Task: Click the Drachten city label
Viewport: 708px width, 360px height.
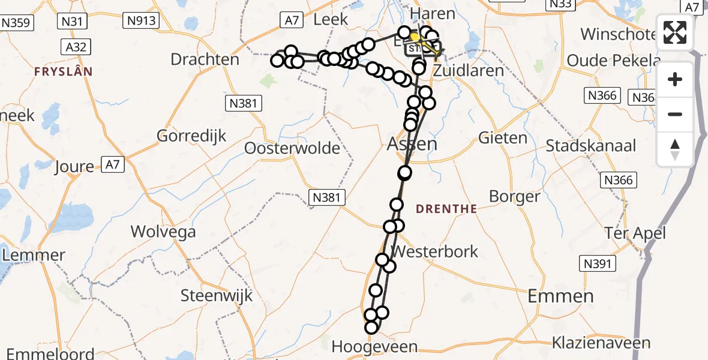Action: pyautogui.click(x=205, y=59)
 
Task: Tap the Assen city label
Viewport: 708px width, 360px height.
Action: pyautogui.click(x=412, y=143)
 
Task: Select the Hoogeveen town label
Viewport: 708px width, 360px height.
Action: pyautogui.click(x=374, y=347)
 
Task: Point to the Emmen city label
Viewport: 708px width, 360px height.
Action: pyautogui.click(x=560, y=295)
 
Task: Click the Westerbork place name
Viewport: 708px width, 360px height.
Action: pyautogui.click(x=434, y=251)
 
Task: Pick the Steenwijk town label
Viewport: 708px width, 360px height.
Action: pyautogui.click(x=217, y=295)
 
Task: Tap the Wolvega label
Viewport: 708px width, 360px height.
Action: pyautogui.click(x=163, y=231)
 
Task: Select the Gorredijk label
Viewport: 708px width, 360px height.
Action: pyautogui.click(x=192, y=136)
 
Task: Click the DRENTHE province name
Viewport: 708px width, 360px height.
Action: pyautogui.click(x=446, y=209)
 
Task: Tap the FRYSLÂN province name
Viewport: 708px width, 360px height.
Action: pyautogui.click(x=64, y=71)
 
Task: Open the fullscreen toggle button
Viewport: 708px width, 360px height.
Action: pyautogui.click(x=675, y=32)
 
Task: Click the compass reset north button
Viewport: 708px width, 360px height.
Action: pyautogui.click(x=675, y=149)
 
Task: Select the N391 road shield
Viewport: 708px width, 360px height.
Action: pyautogui.click(x=596, y=263)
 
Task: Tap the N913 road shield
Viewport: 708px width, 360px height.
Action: pyautogui.click(x=142, y=22)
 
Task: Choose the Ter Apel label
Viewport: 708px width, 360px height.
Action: pyautogui.click(x=635, y=233)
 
